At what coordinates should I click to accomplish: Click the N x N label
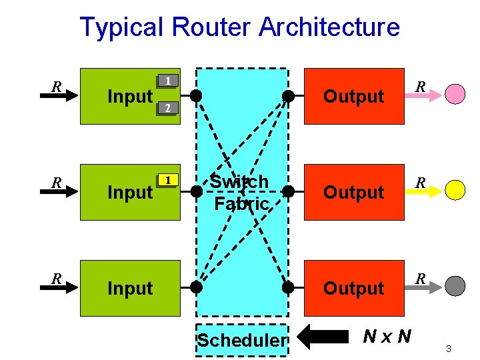pos(387,335)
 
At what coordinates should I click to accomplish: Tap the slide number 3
pos(449,349)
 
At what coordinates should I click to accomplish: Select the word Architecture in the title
pos(329,27)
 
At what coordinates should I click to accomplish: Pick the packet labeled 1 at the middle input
pos(169,180)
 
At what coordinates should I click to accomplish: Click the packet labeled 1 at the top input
pos(169,81)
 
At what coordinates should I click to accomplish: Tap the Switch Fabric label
pos(240,192)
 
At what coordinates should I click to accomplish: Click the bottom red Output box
pos(354,288)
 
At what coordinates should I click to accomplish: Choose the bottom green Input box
pos(130,288)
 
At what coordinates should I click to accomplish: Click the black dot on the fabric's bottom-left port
pos(196,288)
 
